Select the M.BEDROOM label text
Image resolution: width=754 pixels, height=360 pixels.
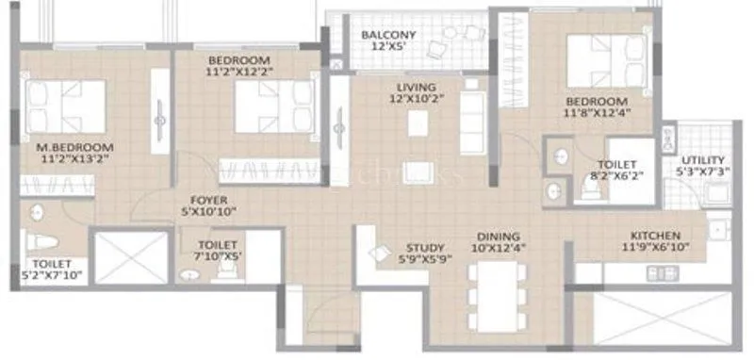pyautogui.click(x=75, y=148)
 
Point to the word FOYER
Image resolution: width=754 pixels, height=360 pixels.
pyautogui.click(x=206, y=200)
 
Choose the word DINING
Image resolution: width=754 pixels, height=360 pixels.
pyautogui.click(x=499, y=237)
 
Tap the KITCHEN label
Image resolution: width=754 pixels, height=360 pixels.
pyautogui.click(x=656, y=236)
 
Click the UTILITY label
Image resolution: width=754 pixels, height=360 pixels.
pyautogui.click(x=703, y=161)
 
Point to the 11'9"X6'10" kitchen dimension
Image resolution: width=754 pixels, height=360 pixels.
pyautogui.click(x=656, y=248)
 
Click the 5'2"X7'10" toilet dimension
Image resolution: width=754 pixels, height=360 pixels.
pyautogui.click(x=46, y=275)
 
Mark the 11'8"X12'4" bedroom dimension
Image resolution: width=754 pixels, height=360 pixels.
pyautogui.click(x=597, y=112)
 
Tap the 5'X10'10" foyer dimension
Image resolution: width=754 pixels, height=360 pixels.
pyautogui.click(x=206, y=212)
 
